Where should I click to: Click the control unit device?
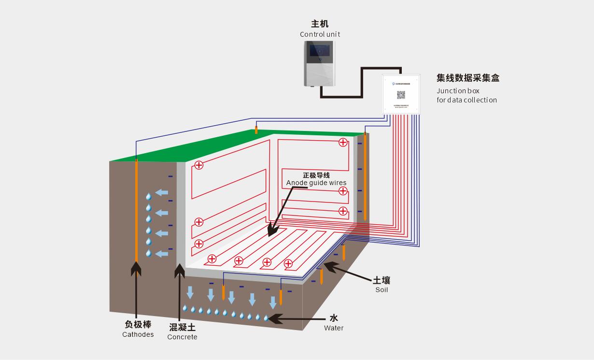320,64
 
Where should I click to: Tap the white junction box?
401,94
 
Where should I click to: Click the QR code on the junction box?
401,95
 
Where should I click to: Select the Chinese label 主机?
320,24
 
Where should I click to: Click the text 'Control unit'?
320,34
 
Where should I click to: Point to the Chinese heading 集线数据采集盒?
467,78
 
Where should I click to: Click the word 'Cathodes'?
138,334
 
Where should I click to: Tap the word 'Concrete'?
182,337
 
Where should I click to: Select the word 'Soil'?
382,290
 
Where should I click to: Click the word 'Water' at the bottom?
334,328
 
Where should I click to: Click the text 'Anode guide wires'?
316,183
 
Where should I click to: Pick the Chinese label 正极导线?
316,175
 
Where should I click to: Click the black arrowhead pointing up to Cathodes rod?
136,268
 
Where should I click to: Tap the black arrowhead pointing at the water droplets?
273,318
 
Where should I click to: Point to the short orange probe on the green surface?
256,130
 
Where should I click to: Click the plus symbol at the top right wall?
343,142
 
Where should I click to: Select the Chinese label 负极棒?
138,325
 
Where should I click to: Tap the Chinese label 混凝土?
182,327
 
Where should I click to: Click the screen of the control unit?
320,50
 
